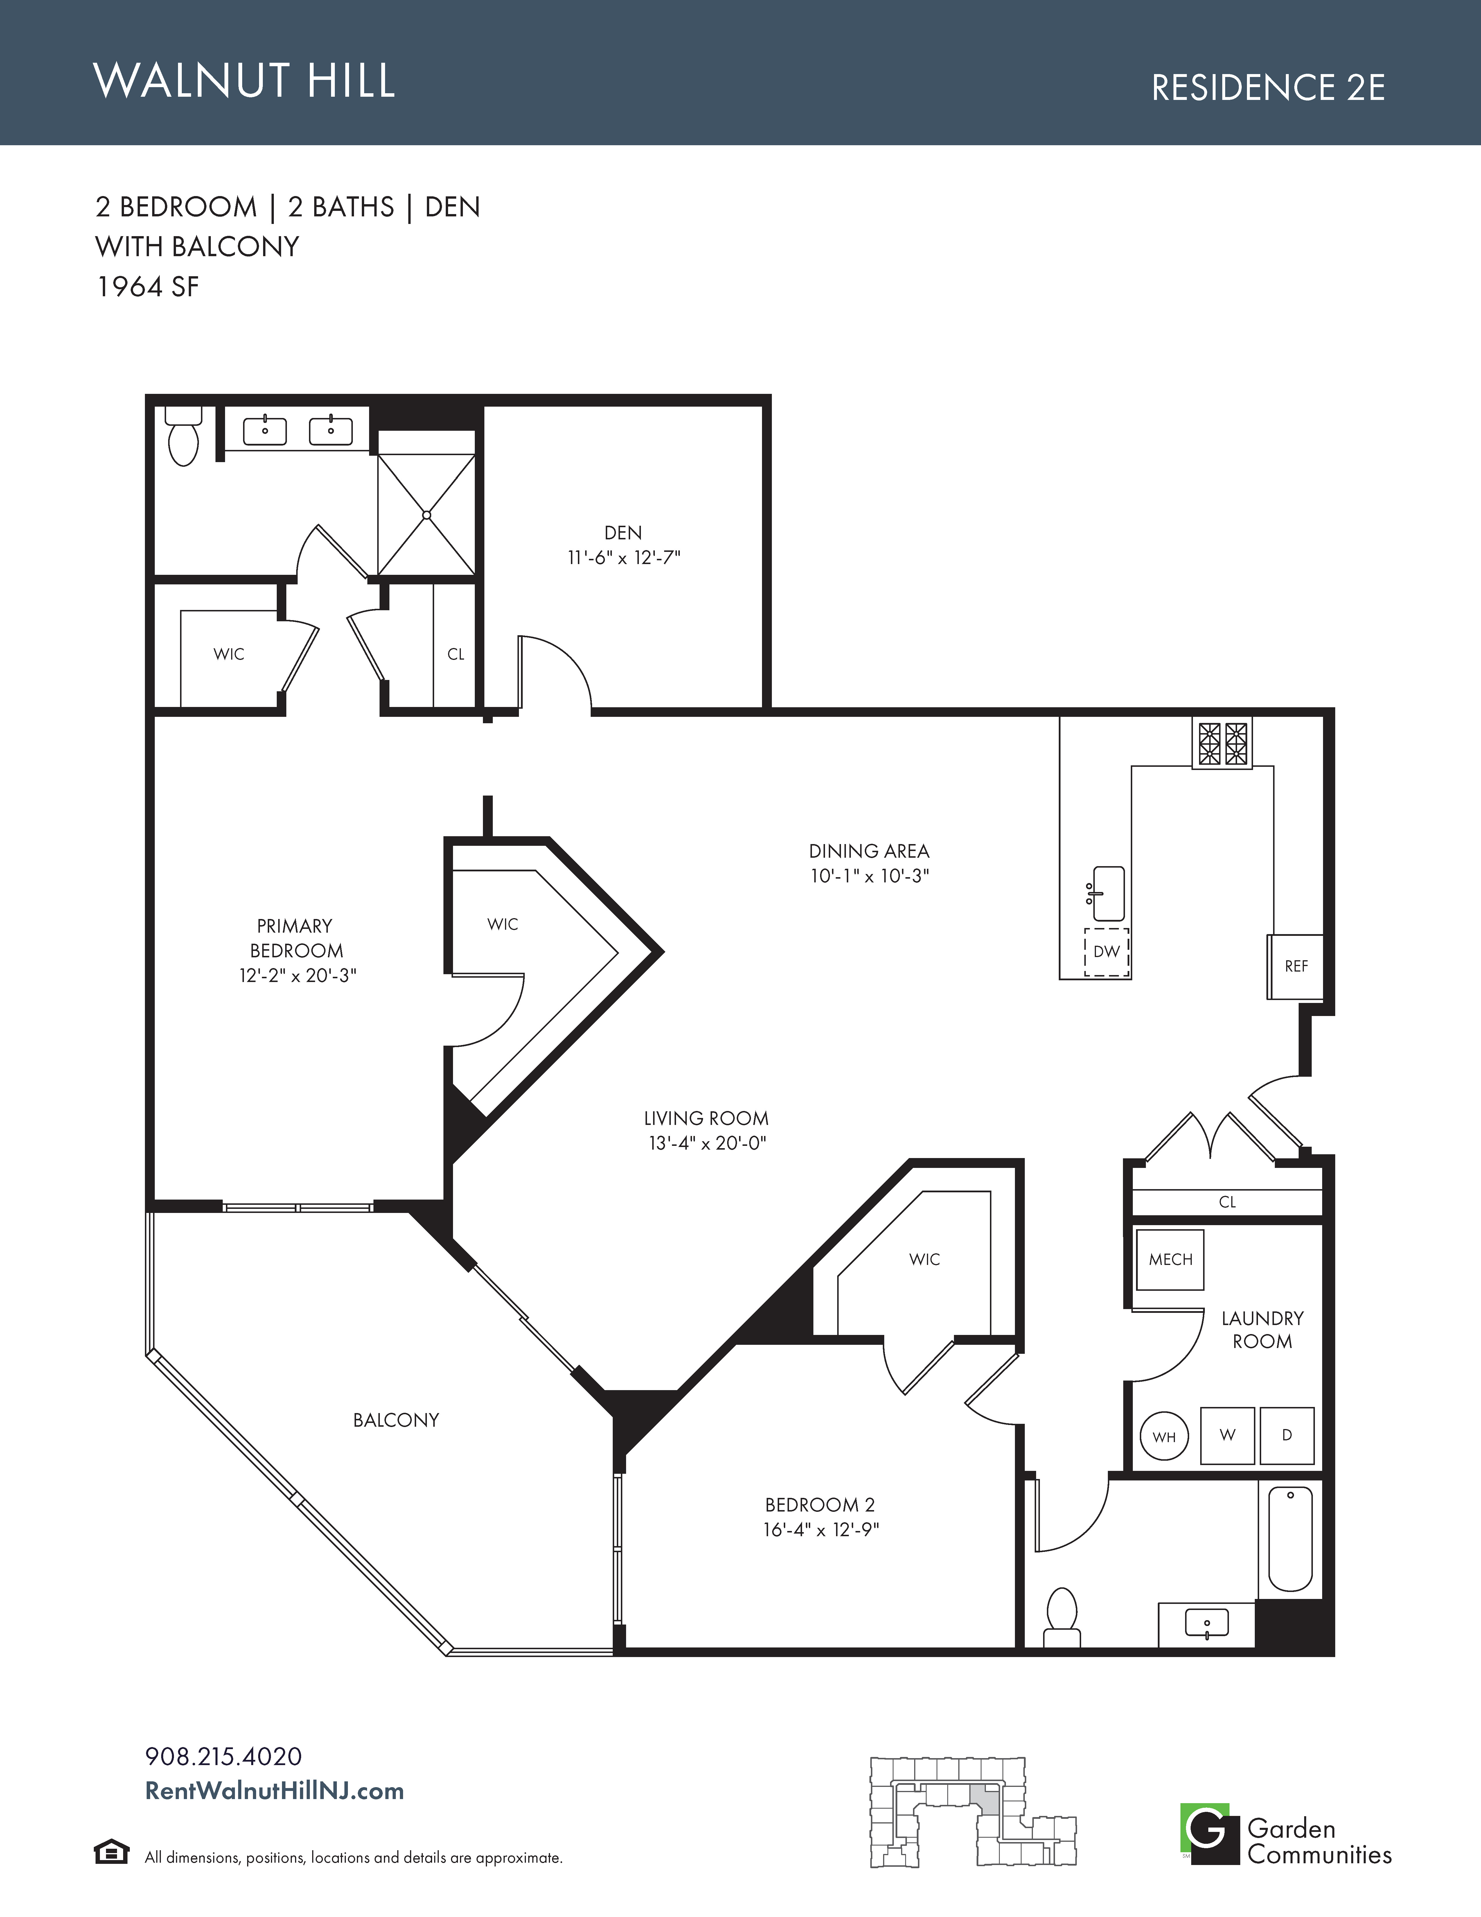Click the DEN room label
(623, 533)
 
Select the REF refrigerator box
(1295, 966)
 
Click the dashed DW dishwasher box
(1106, 952)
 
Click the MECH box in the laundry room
(1170, 1260)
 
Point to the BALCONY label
(396, 1420)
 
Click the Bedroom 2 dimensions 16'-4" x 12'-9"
(820, 1529)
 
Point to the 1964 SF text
(148, 287)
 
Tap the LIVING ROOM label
(706, 1118)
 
